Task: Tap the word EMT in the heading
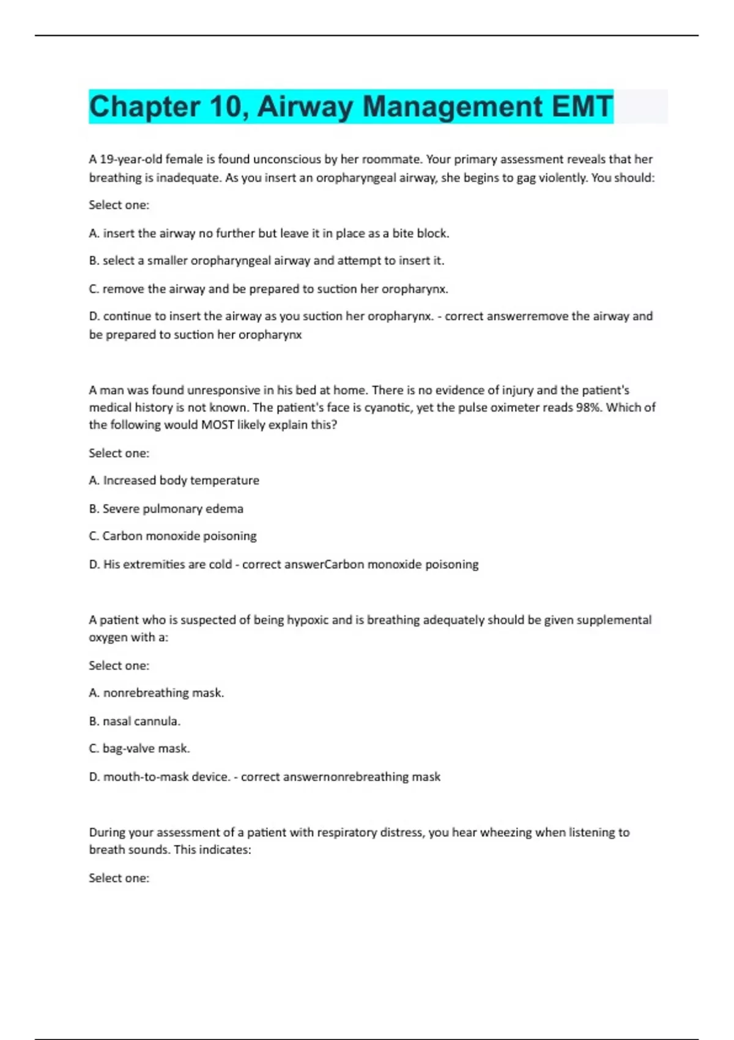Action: (x=582, y=107)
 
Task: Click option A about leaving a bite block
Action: (x=269, y=233)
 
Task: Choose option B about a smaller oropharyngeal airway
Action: (x=267, y=261)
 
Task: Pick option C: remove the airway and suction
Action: (x=269, y=289)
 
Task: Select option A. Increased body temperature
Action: (x=174, y=480)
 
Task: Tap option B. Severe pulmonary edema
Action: (x=166, y=508)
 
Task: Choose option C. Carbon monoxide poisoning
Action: (x=173, y=536)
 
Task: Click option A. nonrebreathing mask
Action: (x=157, y=693)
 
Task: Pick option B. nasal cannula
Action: (x=135, y=721)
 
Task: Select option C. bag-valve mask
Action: (x=139, y=748)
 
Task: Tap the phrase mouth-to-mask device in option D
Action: (x=166, y=776)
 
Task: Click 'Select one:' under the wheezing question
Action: (x=119, y=878)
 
